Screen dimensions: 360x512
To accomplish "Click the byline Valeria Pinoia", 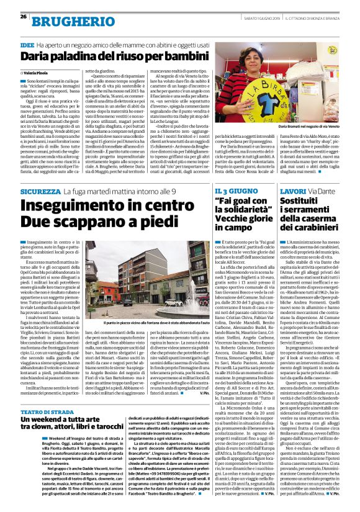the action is [38, 73].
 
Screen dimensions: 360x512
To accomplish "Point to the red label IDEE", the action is [27, 45].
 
